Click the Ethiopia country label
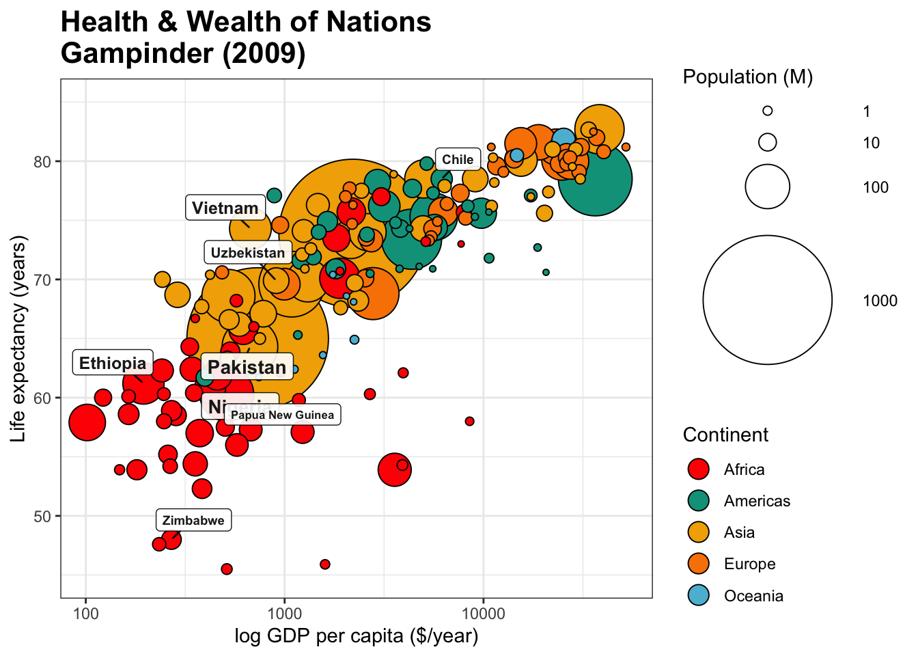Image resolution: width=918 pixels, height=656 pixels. click(113, 363)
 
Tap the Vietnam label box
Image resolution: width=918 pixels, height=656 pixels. click(225, 208)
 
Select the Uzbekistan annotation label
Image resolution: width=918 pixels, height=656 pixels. click(247, 253)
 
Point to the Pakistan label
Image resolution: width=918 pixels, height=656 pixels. click(247, 367)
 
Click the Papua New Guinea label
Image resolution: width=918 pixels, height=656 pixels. click(282, 415)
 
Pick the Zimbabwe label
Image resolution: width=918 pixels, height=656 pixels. click(193, 521)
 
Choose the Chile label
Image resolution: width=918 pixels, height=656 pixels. click(457, 160)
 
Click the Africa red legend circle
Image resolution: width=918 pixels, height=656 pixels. click(699, 469)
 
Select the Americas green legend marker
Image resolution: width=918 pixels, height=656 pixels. click(699, 501)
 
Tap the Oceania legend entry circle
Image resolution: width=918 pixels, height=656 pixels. click(699, 595)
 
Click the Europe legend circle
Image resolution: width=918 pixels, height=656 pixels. click(699, 564)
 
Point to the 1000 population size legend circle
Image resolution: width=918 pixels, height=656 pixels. click(767, 300)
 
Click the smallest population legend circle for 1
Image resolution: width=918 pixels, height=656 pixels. click(767, 111)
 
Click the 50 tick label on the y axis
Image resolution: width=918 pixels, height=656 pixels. click(42, 516)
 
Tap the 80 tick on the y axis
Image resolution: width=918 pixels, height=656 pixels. click(42, 161)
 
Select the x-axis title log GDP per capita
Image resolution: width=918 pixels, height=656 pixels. click(356, 636)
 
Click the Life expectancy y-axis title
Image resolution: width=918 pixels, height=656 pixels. click(18, 338)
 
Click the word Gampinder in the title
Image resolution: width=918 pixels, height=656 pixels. click(137, 53)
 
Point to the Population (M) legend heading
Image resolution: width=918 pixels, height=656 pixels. click(747, 77)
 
